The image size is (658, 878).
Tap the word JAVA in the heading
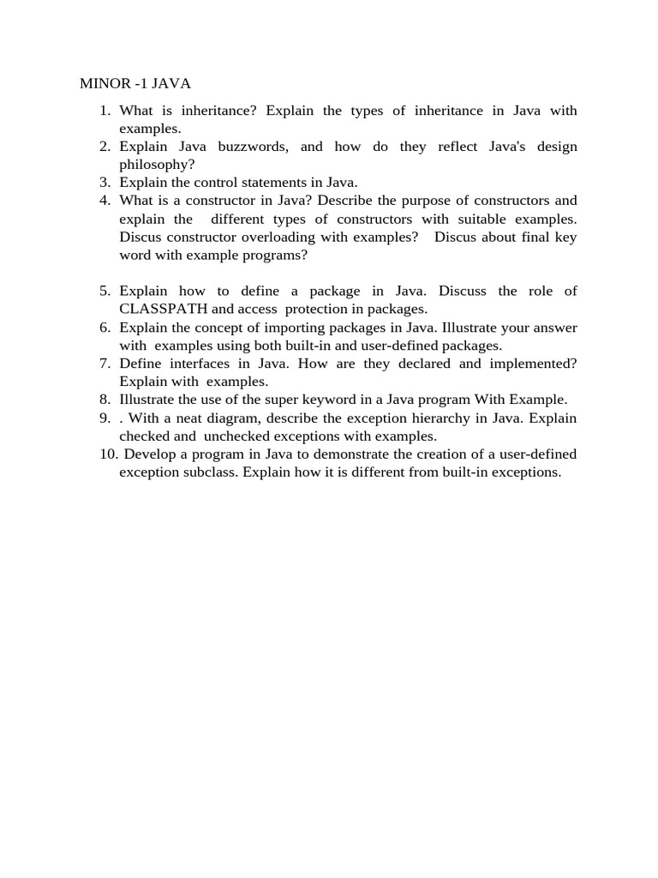[170, 84]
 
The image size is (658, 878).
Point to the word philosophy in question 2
[154, 164]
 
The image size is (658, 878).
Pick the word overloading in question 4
[309, 237]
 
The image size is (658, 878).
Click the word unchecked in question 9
[236, 436]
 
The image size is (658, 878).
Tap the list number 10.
[108, 454]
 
